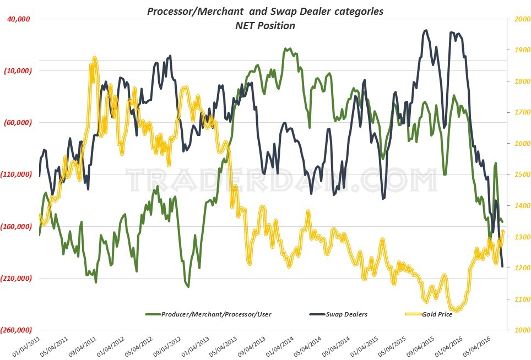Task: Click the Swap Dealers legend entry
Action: point(346,314)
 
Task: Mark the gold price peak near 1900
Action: point(95,58)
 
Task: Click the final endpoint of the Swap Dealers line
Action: point(502,266)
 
